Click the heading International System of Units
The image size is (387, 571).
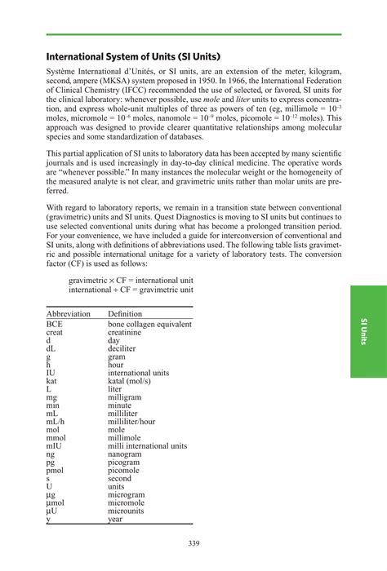click(136, 58)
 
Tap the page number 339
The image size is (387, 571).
click(193, 544)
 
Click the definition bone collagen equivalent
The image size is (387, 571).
click(149, 325)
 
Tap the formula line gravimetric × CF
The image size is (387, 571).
click(131, 280)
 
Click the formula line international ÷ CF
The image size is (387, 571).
click(131, 290)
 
